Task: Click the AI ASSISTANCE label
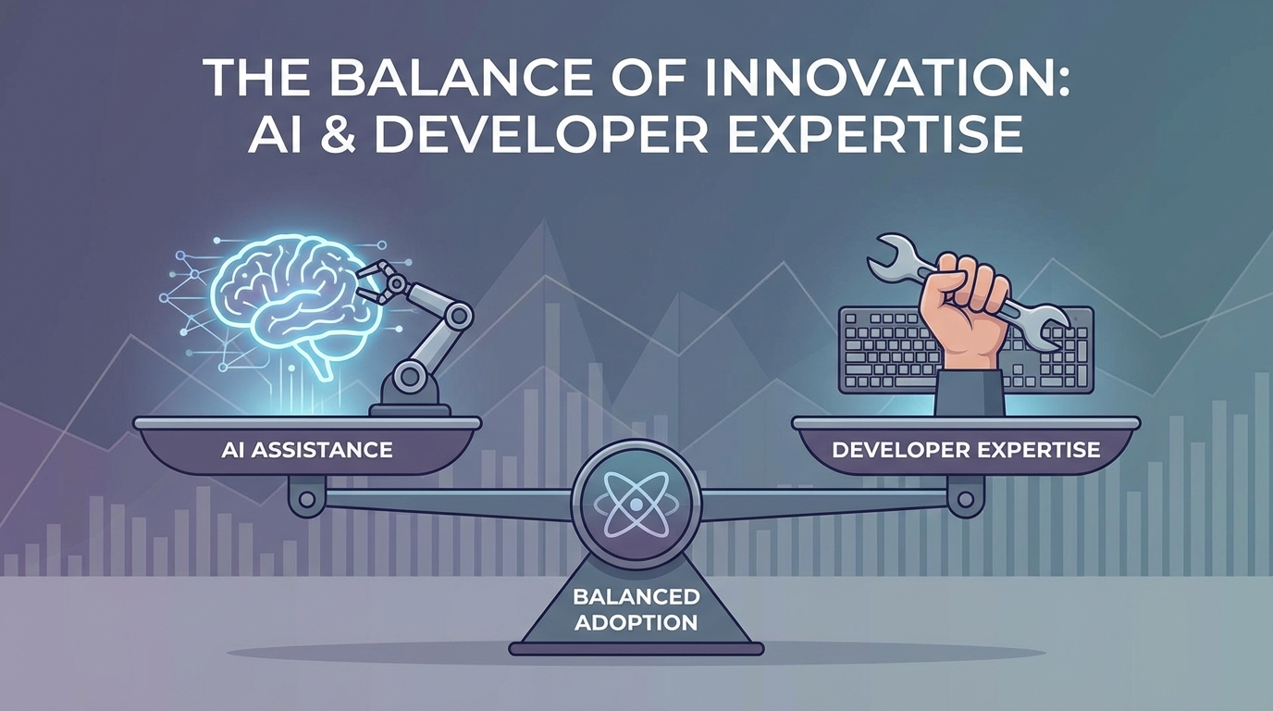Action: click(307, 451)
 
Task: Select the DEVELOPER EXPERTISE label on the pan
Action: click(966, 451)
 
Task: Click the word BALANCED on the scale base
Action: click(636, 597)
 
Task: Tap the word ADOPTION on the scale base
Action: click(636, 621)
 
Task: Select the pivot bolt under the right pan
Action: click(966, 498)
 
